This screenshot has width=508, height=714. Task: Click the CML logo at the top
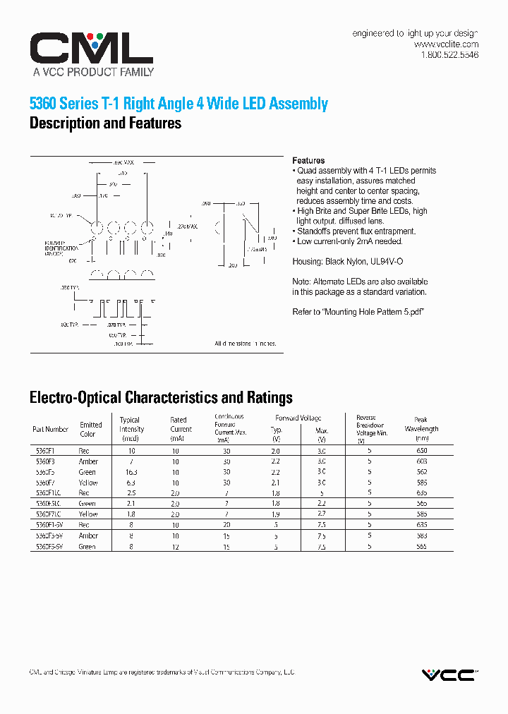point(91,49)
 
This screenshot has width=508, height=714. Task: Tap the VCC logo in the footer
point(449,675)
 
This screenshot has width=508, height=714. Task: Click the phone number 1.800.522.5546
point(449,55)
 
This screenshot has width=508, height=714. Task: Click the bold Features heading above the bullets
point(308,161)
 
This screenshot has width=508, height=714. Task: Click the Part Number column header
point(50,429)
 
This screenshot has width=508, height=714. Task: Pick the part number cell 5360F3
point(45,461)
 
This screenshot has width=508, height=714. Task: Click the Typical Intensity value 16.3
point(131,472)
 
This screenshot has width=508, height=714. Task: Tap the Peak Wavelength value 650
point(422,450)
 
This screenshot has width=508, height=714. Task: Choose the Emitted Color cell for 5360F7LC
point(88,514)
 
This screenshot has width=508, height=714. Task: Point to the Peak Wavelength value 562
point(422,472)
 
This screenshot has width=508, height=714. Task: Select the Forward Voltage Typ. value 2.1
point(277,483)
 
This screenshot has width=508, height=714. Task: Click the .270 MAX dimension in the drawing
point(188,226)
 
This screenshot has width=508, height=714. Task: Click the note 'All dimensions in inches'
point(246,344)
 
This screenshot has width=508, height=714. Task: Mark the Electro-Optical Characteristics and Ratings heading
point(161,398)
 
